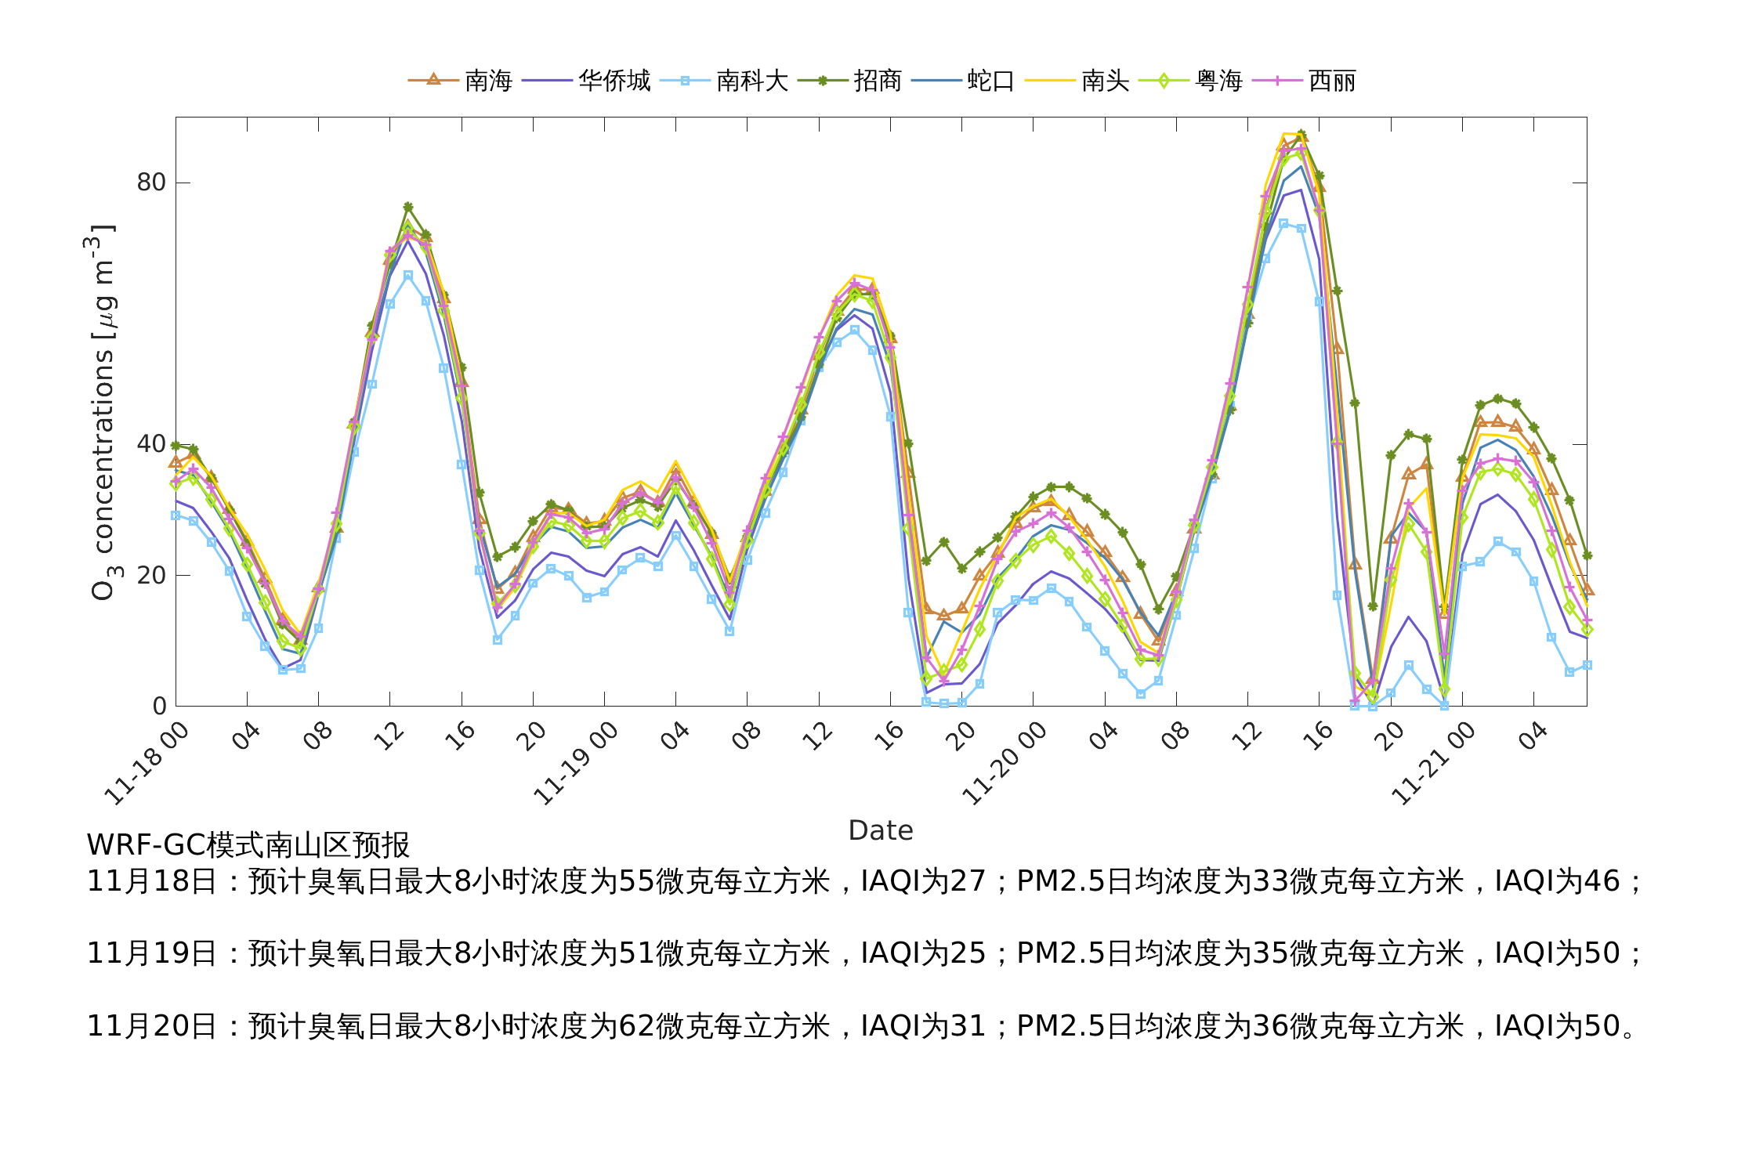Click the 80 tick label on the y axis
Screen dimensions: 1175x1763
(x=151, y=183)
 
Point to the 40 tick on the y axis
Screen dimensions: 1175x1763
(x=151, y=444)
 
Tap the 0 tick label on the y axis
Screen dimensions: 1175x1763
(x=159, y=707)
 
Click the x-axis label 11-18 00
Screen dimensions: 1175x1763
(x=148, y=764)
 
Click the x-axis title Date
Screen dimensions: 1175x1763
(x=881, y=830)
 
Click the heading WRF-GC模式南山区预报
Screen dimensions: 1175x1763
(x=248, y=845)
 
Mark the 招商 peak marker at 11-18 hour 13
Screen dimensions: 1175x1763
(x=407, y=208)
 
